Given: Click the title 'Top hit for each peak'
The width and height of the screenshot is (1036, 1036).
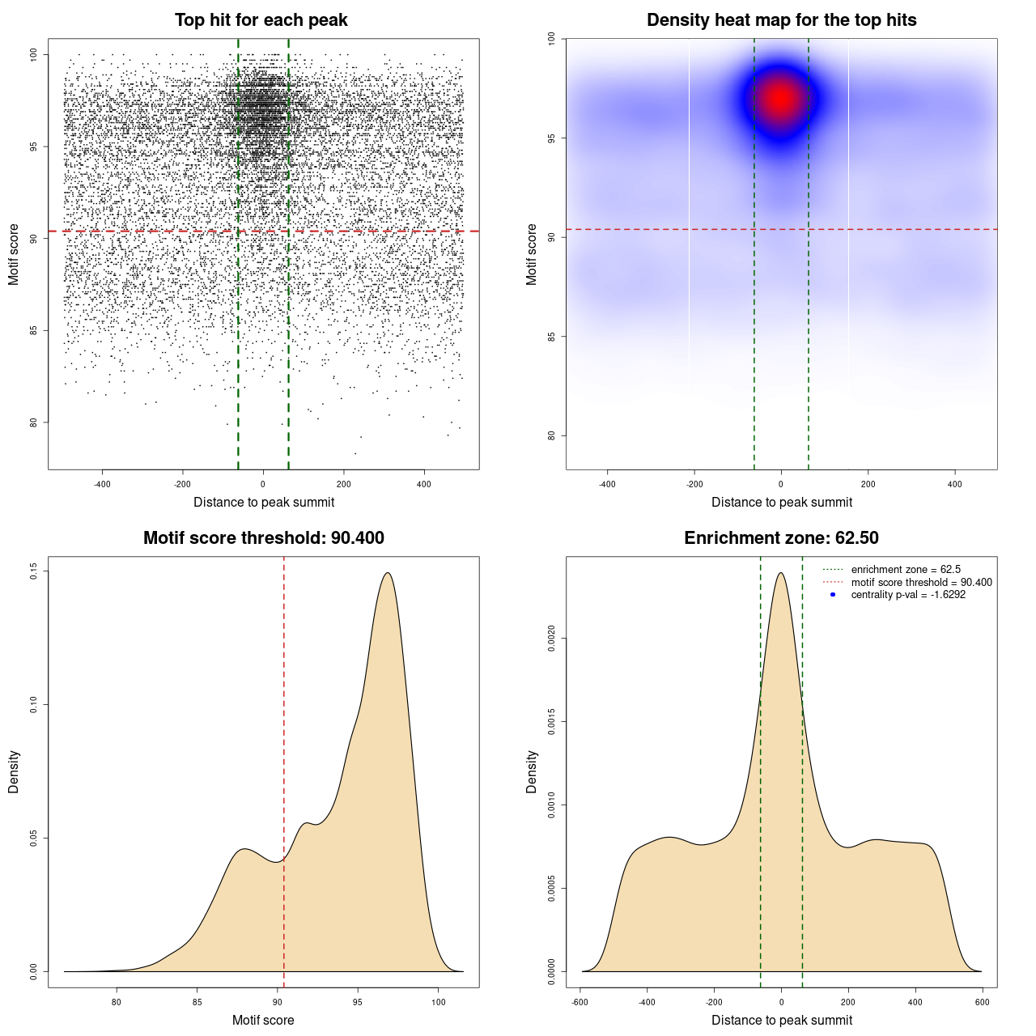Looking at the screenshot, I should point(261,20).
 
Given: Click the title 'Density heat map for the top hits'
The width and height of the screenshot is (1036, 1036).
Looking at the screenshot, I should point(781,20).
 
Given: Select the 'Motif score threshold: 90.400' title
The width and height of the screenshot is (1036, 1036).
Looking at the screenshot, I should point(263,538).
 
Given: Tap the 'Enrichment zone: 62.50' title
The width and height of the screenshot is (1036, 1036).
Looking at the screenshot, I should point(781,538).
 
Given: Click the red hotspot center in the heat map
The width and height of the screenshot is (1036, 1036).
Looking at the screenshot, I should point(780,98).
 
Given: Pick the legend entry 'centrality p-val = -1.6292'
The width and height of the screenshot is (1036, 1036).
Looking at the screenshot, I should point(908,595).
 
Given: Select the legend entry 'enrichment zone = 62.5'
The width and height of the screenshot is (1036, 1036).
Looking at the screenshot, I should point(906,570).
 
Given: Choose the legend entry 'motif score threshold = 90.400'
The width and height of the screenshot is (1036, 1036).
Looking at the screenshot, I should point(921,583).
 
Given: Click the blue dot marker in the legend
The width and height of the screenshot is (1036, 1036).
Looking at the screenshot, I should point(833,595).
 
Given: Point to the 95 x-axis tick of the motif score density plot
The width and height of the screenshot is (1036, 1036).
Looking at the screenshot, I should point(358,1002).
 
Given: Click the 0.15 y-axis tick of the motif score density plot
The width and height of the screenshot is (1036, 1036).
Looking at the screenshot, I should point(33,571).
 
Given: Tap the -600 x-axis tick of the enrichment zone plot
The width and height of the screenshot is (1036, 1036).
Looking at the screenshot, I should point(580,1002).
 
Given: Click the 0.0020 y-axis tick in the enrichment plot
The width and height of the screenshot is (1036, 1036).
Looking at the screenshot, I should point(551,639).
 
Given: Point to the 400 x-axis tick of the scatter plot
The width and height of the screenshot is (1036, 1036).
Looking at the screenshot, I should point(424,484).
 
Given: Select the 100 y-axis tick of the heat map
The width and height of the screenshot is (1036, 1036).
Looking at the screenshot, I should point(551,38).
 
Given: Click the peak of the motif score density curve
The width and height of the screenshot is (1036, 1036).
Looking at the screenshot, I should point(388,573).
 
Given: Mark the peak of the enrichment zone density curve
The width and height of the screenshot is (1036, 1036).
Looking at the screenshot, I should point(781,573).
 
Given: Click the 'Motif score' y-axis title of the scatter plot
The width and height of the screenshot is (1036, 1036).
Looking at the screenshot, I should point(14,254).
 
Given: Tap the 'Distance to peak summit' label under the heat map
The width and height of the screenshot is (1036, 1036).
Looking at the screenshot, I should point(781,503).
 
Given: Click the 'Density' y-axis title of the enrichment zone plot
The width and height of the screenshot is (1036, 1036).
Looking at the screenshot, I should point(532,771).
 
